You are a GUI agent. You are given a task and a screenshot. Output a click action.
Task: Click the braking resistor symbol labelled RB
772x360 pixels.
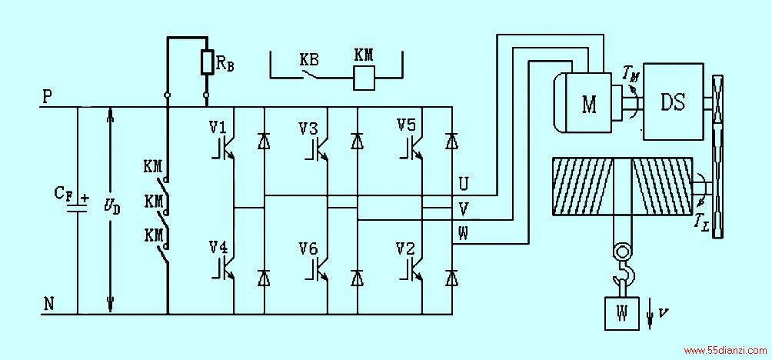coord(206,62)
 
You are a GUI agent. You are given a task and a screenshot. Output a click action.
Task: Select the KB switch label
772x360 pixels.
coord(308,60)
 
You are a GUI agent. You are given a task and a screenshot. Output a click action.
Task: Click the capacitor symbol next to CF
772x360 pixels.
coord(78,208)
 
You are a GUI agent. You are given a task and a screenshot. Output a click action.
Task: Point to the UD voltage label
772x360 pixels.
coord(112,208)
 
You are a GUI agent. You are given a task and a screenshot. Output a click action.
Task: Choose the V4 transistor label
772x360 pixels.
coord(218,247)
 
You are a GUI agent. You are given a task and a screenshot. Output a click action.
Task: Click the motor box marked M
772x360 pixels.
coord(588,102)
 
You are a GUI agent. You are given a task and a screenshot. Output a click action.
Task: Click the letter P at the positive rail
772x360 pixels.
coord(48,97)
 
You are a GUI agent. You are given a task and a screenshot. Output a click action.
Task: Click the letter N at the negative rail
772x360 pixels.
coord(48,305)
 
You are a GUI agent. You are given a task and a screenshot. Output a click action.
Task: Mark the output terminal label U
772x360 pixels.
coord(464,184)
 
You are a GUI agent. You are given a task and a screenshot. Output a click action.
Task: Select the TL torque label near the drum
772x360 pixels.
coord(704,226)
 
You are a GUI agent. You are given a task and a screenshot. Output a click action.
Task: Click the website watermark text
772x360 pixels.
coord(725,351)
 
